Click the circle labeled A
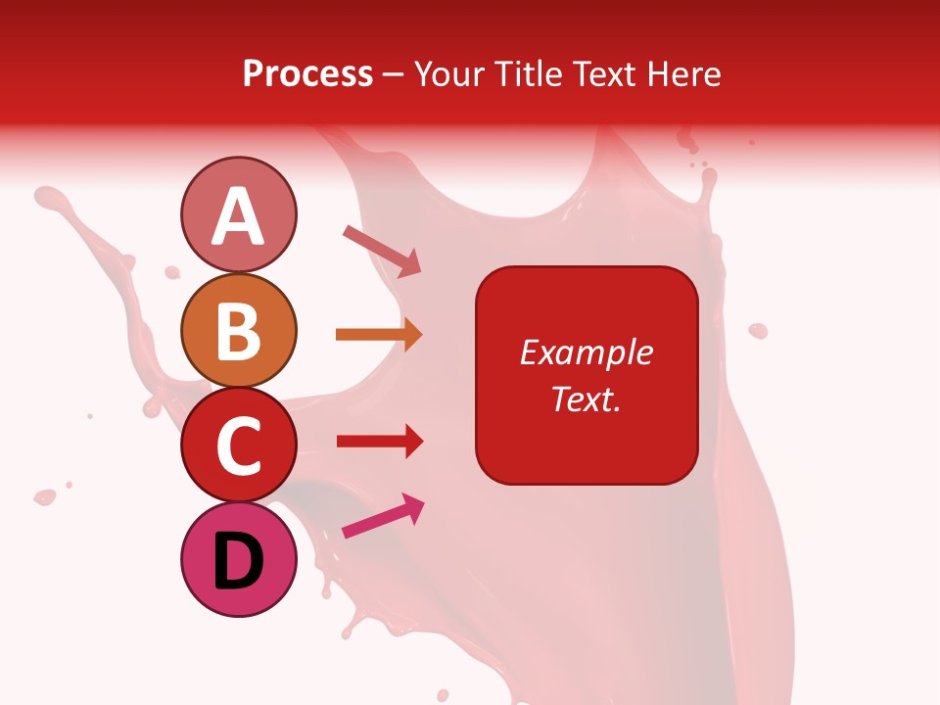point(238,214)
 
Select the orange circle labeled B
point(238,330)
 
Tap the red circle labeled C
point(238,446)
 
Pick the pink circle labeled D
point(238,560)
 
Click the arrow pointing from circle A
point(382,250)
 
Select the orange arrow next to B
point(379,335)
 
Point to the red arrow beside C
point(379,442)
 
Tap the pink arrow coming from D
point(383,516)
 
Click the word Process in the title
point(307,73)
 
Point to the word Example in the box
point(586,352)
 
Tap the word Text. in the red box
point(586,399)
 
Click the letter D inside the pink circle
point(238,562)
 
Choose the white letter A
point(238,216)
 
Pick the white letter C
point(238,446)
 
